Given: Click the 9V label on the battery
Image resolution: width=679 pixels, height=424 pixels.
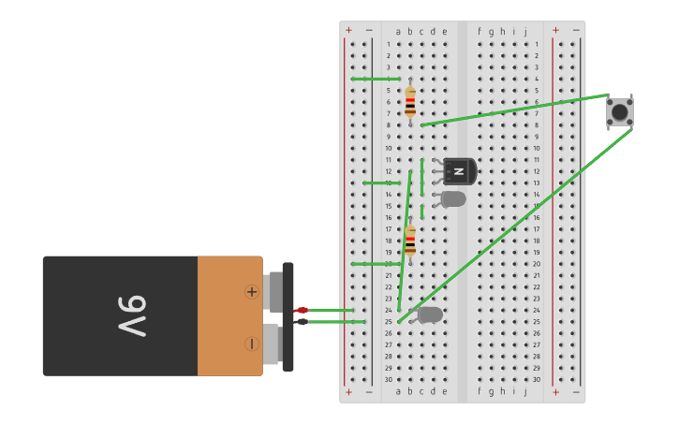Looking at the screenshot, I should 132,316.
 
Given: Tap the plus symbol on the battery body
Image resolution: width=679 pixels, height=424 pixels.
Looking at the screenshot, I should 251,291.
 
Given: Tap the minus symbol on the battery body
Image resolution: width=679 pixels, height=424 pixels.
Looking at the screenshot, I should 251,344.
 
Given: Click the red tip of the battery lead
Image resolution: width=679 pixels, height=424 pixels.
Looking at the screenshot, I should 302,310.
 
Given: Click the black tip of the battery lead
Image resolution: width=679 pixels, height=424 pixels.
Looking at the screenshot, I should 302,322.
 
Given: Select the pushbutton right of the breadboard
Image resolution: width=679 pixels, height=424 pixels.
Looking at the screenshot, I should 619,112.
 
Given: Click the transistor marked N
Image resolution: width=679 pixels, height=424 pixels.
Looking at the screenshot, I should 459,171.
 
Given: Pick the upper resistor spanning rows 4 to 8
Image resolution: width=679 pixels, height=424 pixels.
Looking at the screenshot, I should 410,101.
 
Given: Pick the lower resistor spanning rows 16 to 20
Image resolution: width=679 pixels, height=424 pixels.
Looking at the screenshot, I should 410,240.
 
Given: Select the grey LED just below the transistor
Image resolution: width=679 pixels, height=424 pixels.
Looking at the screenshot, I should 453,198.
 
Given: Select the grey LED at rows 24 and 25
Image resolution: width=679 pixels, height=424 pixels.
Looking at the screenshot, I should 430,314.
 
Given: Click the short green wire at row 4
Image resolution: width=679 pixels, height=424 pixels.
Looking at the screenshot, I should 375,79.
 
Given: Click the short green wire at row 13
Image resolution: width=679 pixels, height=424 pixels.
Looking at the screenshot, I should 381,183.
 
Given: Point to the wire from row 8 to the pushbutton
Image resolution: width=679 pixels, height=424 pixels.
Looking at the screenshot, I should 515,110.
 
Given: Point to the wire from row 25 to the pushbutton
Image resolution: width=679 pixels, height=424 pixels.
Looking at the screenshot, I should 515,225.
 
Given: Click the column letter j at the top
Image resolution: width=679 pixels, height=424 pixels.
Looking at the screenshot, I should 525,32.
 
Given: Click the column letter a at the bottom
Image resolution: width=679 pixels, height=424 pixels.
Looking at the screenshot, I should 398,391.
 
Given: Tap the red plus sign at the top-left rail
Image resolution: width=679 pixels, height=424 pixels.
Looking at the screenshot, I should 348,30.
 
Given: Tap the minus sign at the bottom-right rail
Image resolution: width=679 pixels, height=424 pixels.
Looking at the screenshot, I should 575,392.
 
